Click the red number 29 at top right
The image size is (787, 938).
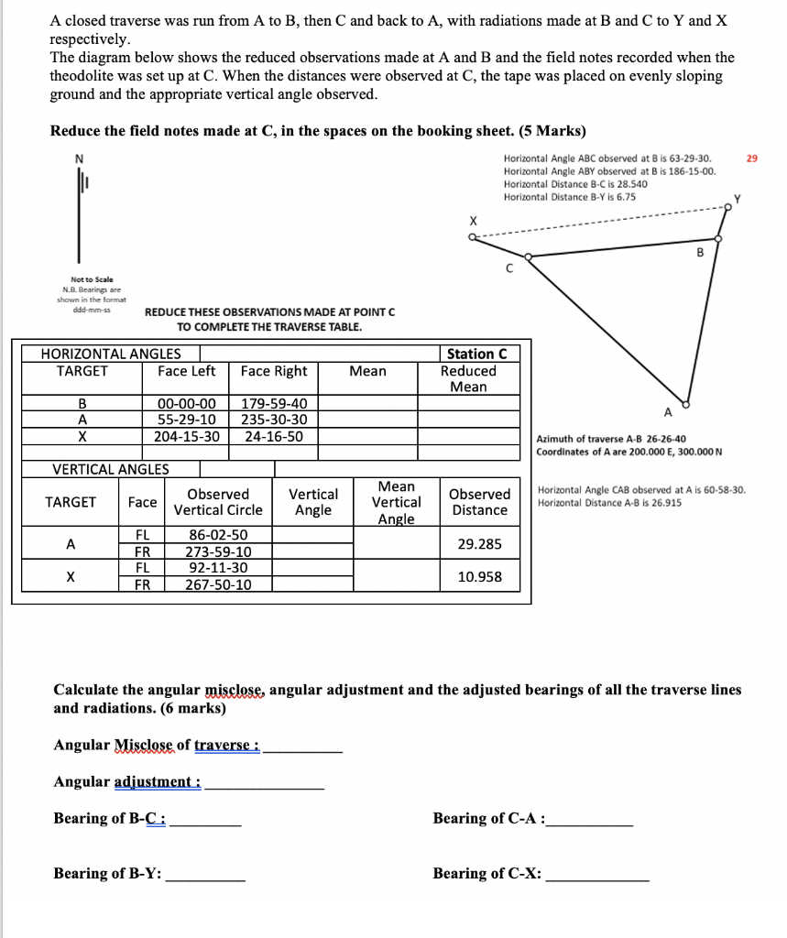(752, 158)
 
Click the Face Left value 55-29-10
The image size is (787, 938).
(187, 420)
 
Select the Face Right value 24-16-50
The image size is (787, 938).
(275, 436)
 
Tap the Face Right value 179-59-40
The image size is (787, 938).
(275, 403)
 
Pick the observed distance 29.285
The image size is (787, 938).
(479, 544)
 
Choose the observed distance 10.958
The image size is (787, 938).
(479, 577)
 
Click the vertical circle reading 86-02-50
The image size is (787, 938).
(218, 535)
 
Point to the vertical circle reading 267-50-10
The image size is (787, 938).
(218, 584)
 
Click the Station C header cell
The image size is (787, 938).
(476, 354)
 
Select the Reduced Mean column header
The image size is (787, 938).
(468, 378)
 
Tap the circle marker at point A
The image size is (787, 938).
(685, 403)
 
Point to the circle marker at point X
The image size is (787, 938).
(471, 237)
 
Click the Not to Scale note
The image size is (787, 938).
(92, 278)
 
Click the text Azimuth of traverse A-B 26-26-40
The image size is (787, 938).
(610, 439)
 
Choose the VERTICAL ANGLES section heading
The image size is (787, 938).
(111, 469)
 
